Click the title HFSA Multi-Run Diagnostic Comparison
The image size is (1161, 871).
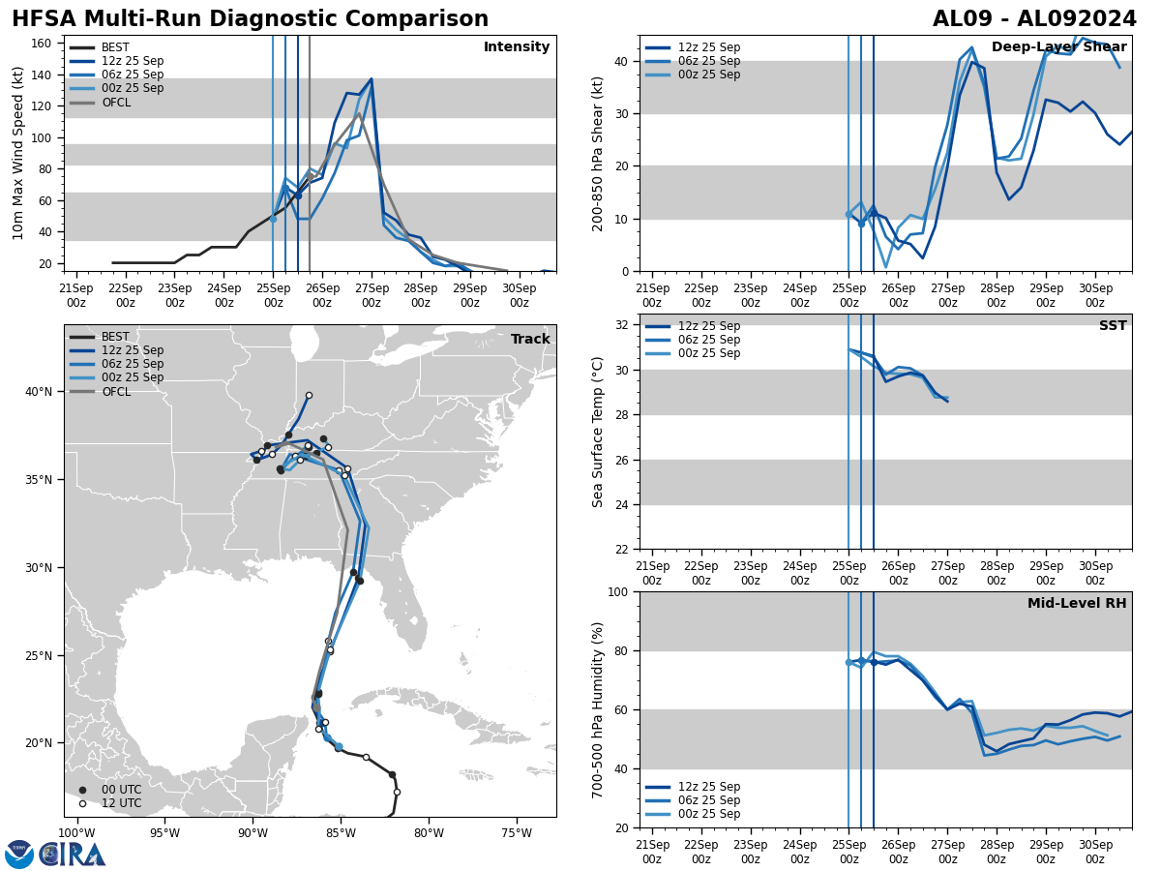coord(250,19)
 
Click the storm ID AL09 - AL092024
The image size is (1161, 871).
coord(1034,19)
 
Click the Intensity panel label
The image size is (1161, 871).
coord(517,47)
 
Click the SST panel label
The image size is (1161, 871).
coord(1113,326)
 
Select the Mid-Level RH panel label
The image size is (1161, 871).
coord(1077,604)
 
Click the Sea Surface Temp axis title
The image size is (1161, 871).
coord(598,432)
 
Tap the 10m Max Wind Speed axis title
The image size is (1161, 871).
coord(18,153)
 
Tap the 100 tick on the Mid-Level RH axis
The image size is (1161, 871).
coord(617,592)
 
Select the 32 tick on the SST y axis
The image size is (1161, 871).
coord(623,325)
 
